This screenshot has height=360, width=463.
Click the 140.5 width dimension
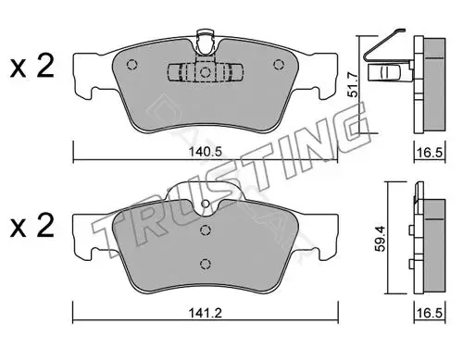point(206,152)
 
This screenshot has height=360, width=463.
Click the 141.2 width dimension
point(206,314)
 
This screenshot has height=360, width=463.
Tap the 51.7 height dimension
point(354,85)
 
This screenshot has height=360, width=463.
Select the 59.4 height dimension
point(381,239)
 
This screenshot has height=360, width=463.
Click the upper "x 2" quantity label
point(32,67)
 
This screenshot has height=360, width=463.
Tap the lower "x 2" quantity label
point(32,226)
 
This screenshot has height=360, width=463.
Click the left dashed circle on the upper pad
point(131,65)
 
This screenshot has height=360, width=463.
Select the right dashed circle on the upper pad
point(279,65)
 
